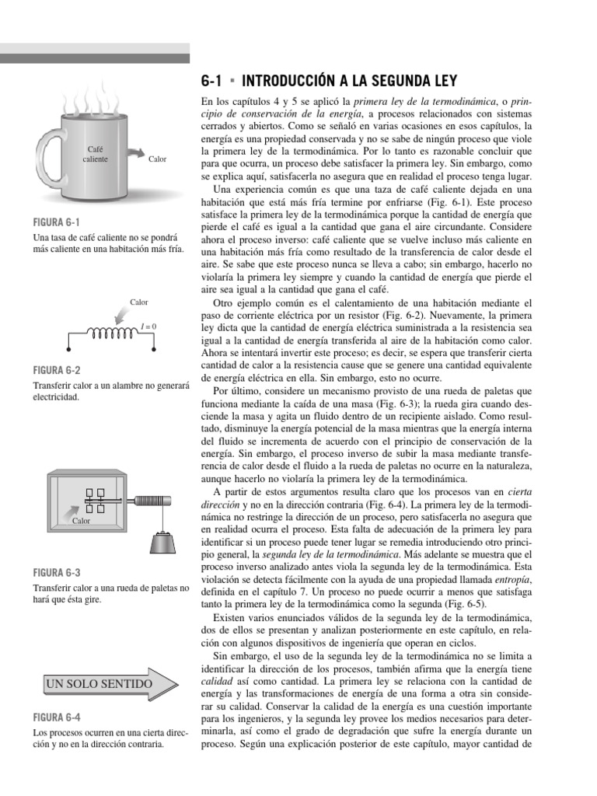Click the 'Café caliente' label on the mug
96,154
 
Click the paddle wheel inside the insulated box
101,499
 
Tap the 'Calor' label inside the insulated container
82,520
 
